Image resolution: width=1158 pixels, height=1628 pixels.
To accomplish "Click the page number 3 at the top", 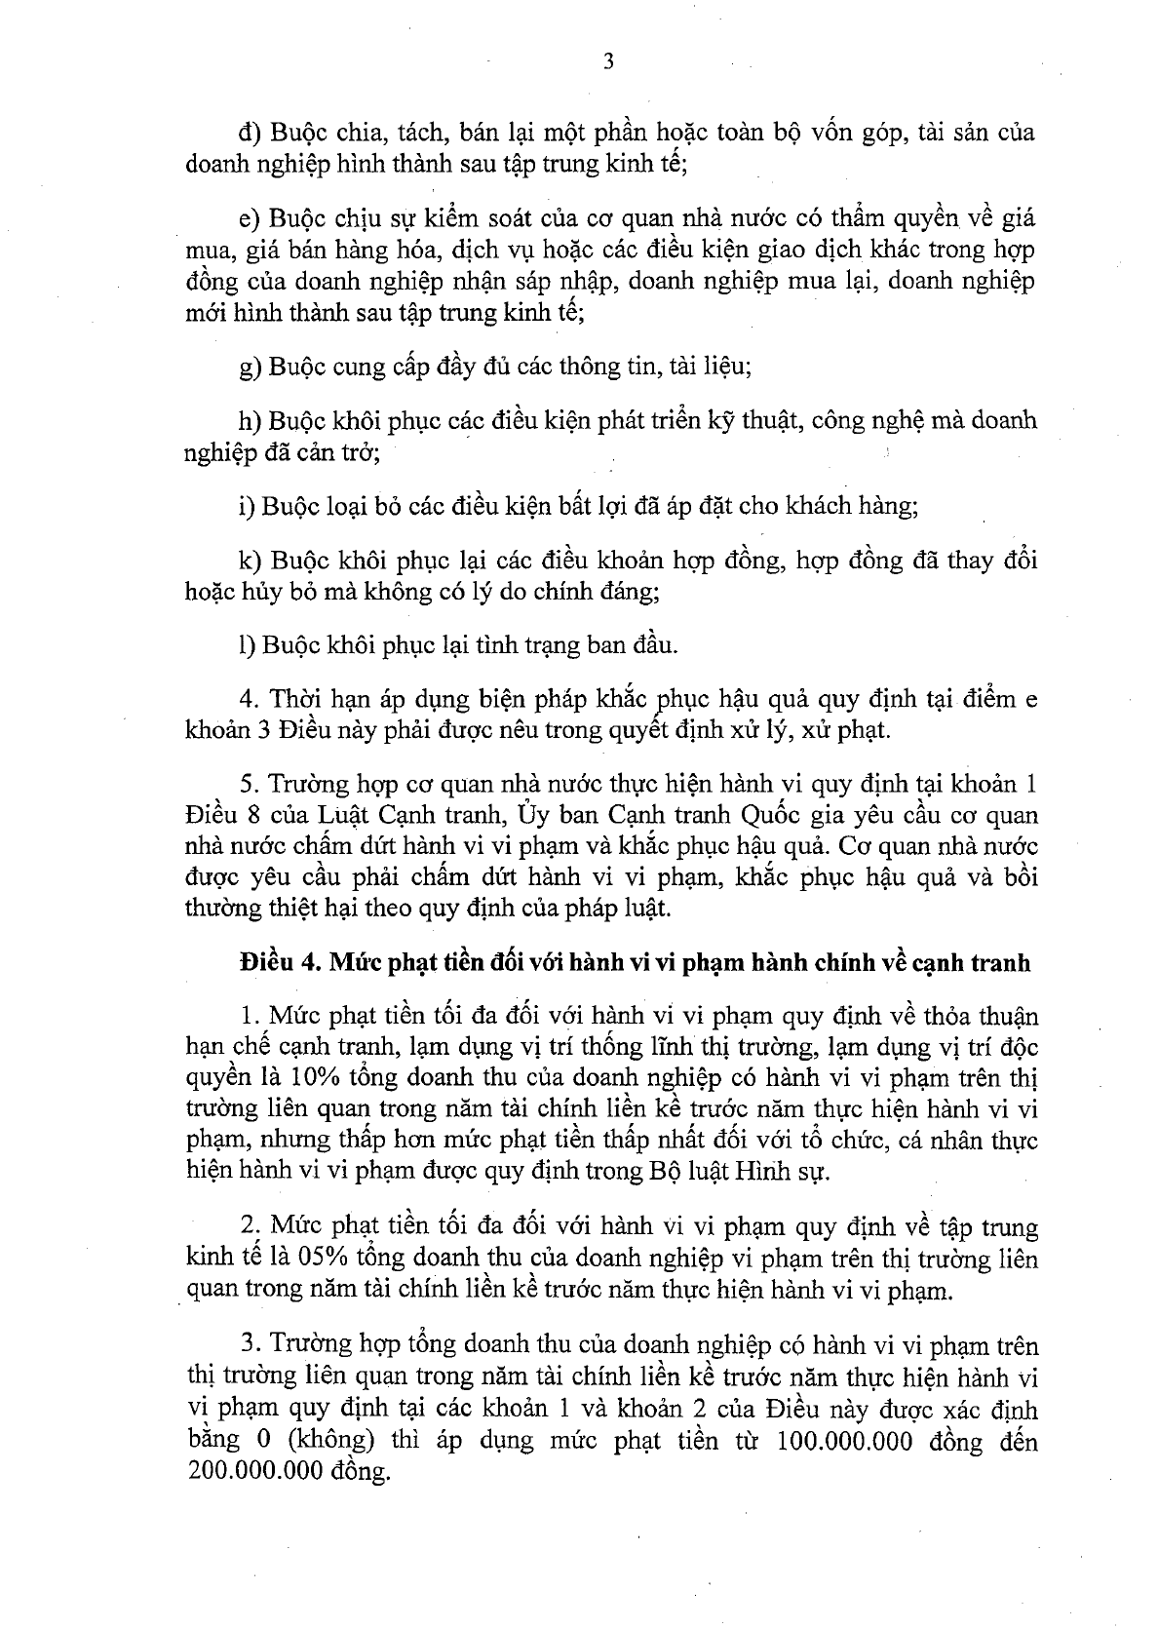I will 609,62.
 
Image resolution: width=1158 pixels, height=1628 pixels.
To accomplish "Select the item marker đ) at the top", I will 250,133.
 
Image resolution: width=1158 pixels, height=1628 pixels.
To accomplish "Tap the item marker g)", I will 250,368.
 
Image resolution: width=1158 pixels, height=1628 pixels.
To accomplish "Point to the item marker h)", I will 250,421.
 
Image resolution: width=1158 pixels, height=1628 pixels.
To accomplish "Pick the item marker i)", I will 246,506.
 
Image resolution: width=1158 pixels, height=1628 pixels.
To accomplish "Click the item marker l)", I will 246,644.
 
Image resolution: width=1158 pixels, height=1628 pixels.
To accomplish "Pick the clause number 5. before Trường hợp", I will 249,784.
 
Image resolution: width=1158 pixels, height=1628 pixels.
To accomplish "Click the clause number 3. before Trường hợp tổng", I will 249,1346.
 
